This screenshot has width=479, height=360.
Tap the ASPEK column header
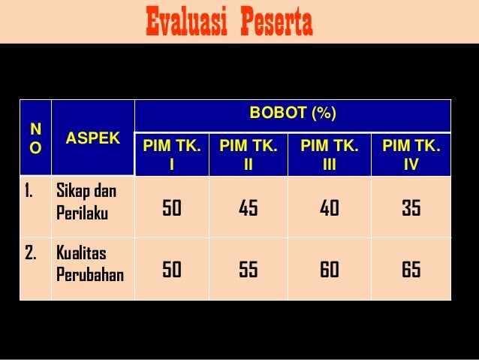92,138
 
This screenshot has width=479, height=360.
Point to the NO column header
35,138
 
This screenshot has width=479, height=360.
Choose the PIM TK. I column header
172,154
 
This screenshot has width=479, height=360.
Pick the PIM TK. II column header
248,154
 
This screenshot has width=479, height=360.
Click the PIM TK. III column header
329,154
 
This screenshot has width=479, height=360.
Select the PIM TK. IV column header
411,154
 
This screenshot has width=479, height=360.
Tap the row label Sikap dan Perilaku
83,201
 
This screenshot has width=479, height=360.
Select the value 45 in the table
248,208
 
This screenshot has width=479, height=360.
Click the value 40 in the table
329,208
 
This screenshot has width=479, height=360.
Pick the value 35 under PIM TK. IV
411,208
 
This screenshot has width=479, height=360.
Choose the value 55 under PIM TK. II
248,269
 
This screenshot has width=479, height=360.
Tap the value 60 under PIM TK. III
329,269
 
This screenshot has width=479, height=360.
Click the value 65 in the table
411,269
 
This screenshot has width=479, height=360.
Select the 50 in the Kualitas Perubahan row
172,269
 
